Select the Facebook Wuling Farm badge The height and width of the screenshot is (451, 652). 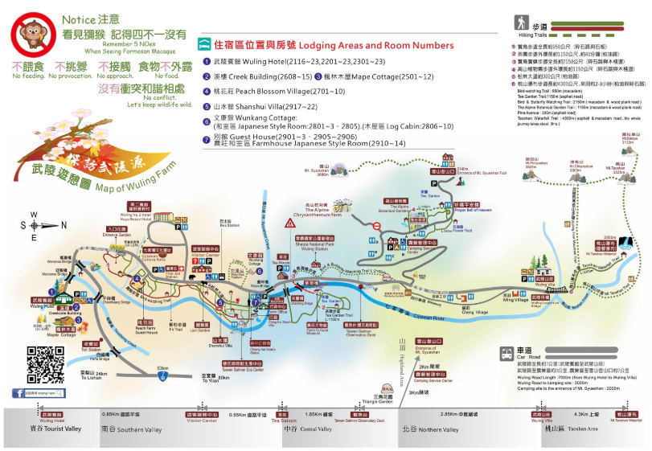[39, 393]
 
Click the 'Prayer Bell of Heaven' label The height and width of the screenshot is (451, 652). [472, 212]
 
